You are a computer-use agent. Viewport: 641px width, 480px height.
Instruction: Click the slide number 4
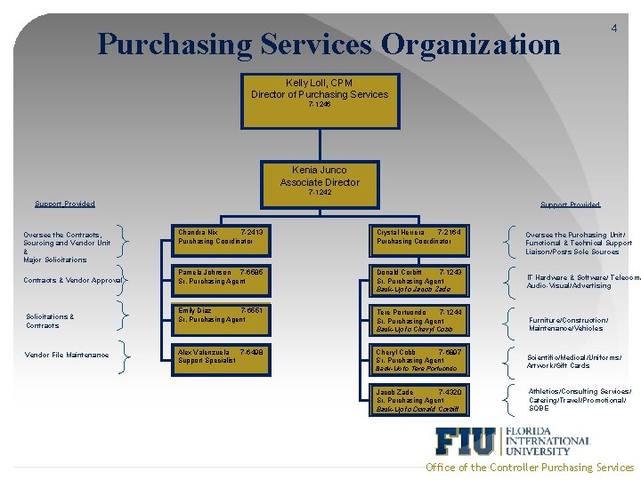(x=614, y=28)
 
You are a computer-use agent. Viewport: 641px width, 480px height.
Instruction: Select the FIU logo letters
(x=467, y=442)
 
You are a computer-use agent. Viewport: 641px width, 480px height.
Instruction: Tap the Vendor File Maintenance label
(x=68, y=356)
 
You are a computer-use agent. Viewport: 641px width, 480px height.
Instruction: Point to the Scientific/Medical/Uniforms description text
(x=574, y=361)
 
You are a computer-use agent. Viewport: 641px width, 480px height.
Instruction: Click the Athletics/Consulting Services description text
(x=580, y=400)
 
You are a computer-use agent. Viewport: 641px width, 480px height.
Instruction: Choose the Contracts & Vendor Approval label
(x=74, y=280)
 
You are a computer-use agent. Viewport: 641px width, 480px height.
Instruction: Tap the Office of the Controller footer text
(x=530, y=468)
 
